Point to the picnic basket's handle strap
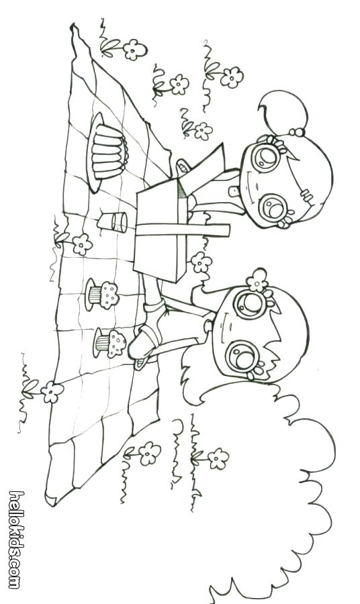[181, 230]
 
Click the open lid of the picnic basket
[208, 168]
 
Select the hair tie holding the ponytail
[295, 132]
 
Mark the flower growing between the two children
[201, 262]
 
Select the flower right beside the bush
[218, 458]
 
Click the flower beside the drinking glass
[82, 244]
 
